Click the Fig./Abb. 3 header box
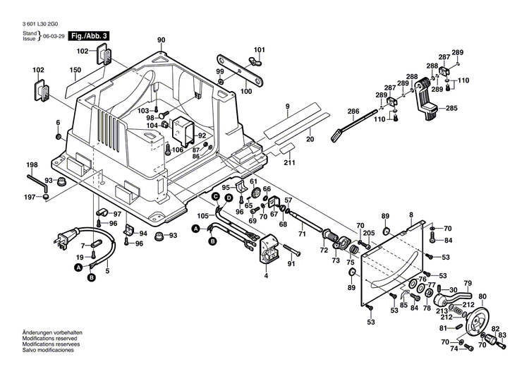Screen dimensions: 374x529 point(90,35)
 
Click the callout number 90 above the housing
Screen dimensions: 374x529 point(161,40)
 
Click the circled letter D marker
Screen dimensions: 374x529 point(229,199)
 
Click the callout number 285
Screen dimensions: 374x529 point(451,108)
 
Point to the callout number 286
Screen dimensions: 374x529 point(353,111)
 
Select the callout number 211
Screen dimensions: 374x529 point(289,164)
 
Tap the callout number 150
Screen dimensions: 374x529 point(75,70)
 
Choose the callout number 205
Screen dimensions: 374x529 point(369,234)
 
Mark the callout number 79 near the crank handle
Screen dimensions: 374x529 point(467,283)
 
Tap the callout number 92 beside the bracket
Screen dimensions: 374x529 point(202,136)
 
